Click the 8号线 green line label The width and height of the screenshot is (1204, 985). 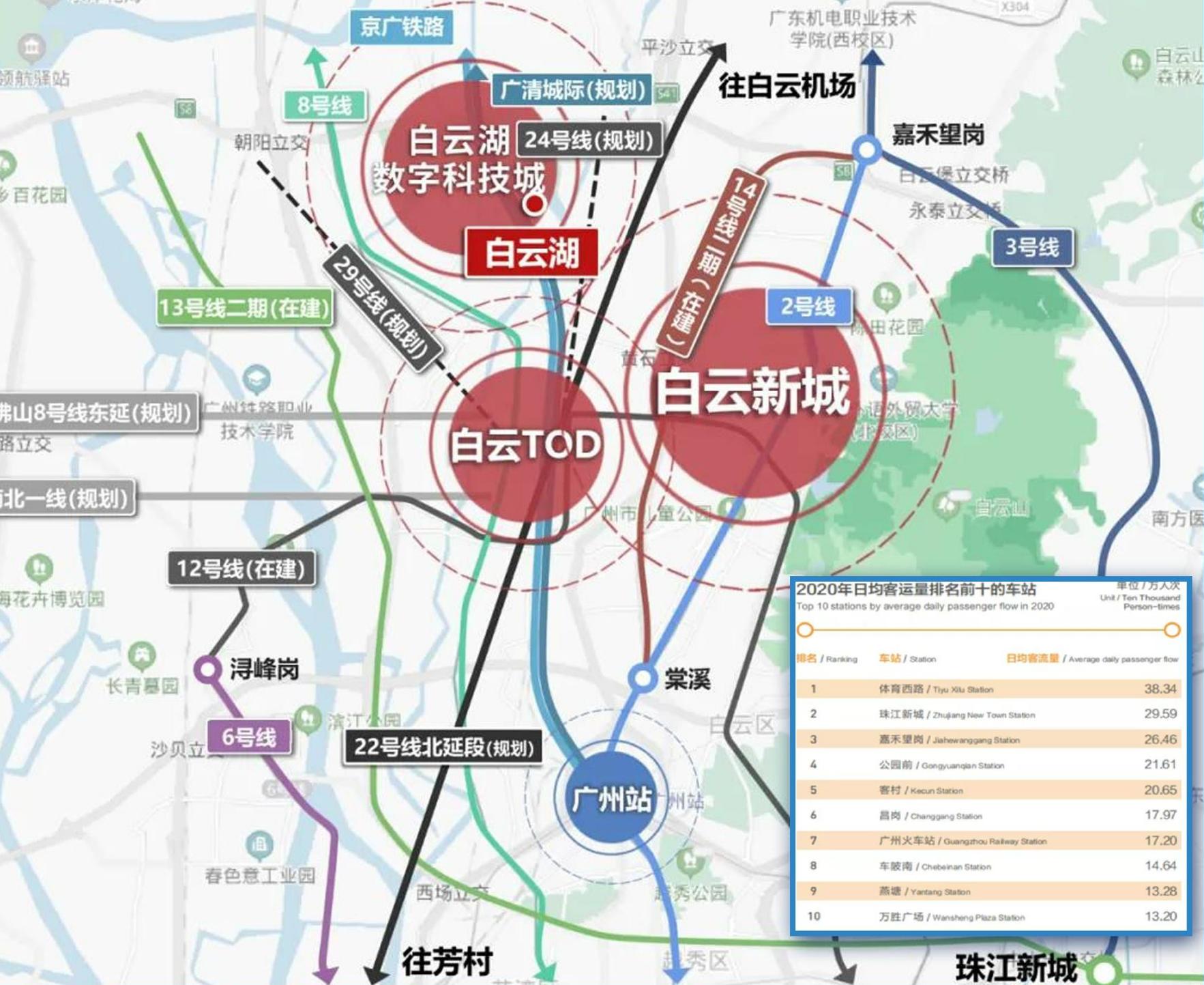click(324, 106)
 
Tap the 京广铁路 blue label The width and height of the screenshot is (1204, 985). click(402, 27)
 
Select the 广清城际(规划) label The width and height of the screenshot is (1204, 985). click(572, 90)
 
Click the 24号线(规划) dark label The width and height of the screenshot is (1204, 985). click(589, 140)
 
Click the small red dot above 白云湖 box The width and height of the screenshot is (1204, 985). click(535, 203)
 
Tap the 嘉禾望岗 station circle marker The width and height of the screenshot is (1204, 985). click(867, 149)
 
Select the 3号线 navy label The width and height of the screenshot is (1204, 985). click(1031, 247)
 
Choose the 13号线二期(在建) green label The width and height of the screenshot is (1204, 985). click(244, 309)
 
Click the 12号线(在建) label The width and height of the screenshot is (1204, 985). click(241, 569)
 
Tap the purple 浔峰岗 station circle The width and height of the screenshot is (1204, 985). click(208, 670)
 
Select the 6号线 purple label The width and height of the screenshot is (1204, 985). click(249, 737)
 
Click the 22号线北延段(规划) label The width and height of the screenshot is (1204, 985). click(443, 747)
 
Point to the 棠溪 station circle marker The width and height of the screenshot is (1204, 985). click(642, 678)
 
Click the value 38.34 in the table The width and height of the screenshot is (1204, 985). click(1160, 689)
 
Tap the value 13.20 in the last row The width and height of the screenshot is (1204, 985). click(1160, 916)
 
